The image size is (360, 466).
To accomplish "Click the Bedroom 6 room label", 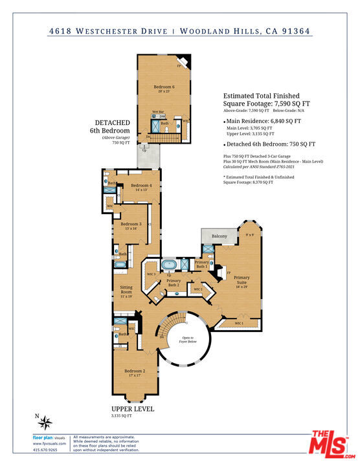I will (x=164, y=87).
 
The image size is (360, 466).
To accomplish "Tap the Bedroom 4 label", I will (x=141, y=186).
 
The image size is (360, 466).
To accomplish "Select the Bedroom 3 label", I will (x=131, y=224).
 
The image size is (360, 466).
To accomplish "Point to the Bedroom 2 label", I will (x=134, y=371).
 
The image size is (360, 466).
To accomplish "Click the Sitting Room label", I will (x=126, y=289).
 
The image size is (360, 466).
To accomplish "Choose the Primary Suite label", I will (x=242, y=280).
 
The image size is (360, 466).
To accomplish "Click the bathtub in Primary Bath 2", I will (x=170, y=265).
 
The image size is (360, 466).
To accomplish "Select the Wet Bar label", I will (x=158, y=112).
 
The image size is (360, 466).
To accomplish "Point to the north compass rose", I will (x=45, y=423).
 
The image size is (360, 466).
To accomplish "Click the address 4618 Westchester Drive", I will (x=110, y=30).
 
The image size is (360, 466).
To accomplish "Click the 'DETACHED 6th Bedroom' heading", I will (x=113, y=126).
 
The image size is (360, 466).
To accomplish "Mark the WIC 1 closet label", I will (x=239, y=323).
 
